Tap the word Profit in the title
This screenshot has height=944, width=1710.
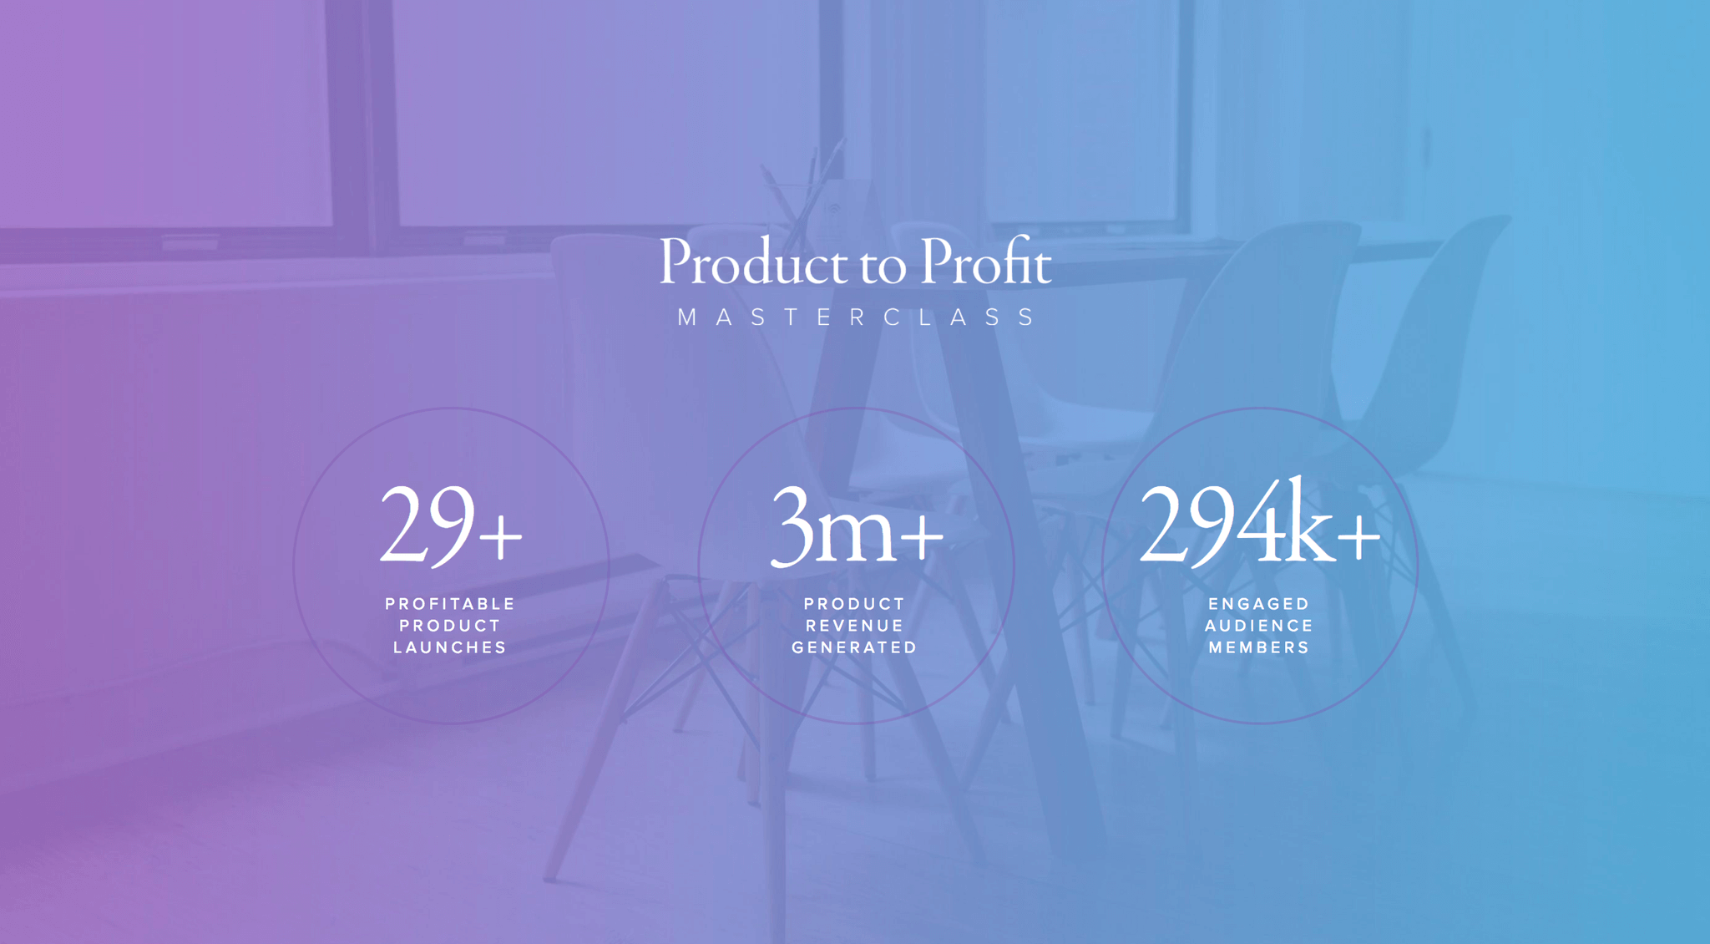(986, 261)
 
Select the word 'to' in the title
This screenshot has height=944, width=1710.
(883, 266)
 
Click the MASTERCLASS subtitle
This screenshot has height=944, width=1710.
(857, 317)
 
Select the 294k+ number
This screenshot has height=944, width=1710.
(1260, 521)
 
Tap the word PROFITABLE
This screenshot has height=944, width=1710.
(451, 604)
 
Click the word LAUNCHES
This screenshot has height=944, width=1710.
(451, 647)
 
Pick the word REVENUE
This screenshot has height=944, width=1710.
(855, 626)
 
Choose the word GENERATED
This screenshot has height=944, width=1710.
(855, 647)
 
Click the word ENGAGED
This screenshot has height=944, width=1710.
(1259, 604)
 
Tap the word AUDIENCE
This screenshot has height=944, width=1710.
(1259, 626)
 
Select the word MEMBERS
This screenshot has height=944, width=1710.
(1259, 647)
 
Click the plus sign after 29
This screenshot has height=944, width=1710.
(501, 536)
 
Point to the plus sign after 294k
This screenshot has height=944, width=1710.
(1359, 536)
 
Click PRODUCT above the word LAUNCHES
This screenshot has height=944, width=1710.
(451, 626)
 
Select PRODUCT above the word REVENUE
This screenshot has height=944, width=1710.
(855, 604)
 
